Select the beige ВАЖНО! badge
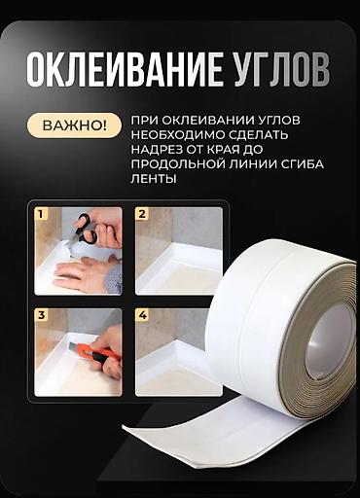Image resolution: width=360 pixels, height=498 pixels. click(74, 125)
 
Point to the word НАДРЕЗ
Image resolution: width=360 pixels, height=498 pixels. click(154, 150)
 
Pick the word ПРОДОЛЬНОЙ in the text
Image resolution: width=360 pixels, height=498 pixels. click(177, 164)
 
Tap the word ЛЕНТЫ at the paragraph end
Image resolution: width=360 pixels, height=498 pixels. click(154, 179)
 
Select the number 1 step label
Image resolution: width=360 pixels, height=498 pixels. click(40, 214)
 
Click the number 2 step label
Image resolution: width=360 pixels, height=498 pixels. click(142, 214)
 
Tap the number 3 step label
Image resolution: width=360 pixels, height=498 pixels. click(41, 315)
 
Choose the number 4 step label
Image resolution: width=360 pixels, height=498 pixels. click(142, 315)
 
